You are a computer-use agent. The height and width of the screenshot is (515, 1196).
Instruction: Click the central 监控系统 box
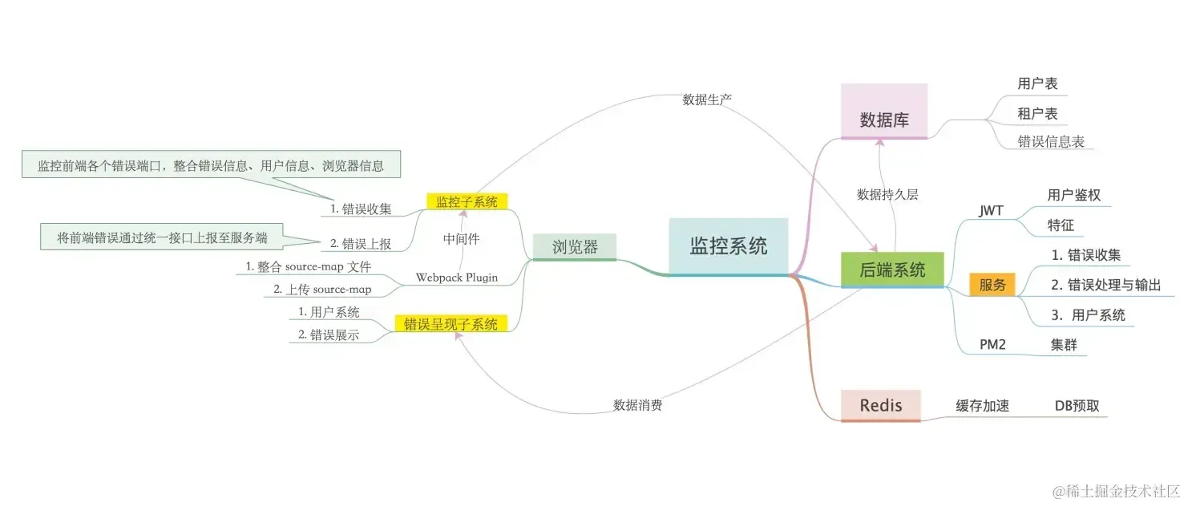729,247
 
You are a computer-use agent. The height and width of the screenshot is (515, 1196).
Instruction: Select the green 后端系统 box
892,270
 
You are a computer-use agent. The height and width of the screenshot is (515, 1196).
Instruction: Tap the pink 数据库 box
884,112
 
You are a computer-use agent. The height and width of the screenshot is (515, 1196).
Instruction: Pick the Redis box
880,405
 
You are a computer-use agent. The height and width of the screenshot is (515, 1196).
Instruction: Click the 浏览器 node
575,247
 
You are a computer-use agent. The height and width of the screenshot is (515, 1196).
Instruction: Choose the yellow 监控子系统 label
467,201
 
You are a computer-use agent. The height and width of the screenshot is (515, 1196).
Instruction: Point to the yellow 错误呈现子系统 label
451,324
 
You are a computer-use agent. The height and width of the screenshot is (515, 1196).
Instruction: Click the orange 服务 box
992,284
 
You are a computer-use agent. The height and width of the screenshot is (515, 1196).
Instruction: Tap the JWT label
991,210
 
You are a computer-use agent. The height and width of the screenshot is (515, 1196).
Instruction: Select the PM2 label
992,345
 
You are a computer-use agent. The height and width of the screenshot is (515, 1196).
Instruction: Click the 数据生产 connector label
707,99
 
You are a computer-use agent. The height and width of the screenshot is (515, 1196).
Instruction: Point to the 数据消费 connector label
637,405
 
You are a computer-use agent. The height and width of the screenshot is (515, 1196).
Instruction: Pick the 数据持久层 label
887,194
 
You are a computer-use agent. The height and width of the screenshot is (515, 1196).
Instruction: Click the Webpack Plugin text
456,278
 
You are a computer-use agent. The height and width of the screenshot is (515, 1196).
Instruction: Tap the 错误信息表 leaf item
1051,141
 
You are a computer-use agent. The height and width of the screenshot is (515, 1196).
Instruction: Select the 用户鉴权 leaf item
1073,195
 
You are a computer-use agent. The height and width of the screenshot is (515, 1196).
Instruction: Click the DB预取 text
1077,405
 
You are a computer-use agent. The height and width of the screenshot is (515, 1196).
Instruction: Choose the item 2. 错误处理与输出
1105,285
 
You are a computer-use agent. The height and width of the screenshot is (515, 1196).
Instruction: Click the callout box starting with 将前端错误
162,237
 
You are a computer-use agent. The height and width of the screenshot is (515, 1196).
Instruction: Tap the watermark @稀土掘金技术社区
1116,491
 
